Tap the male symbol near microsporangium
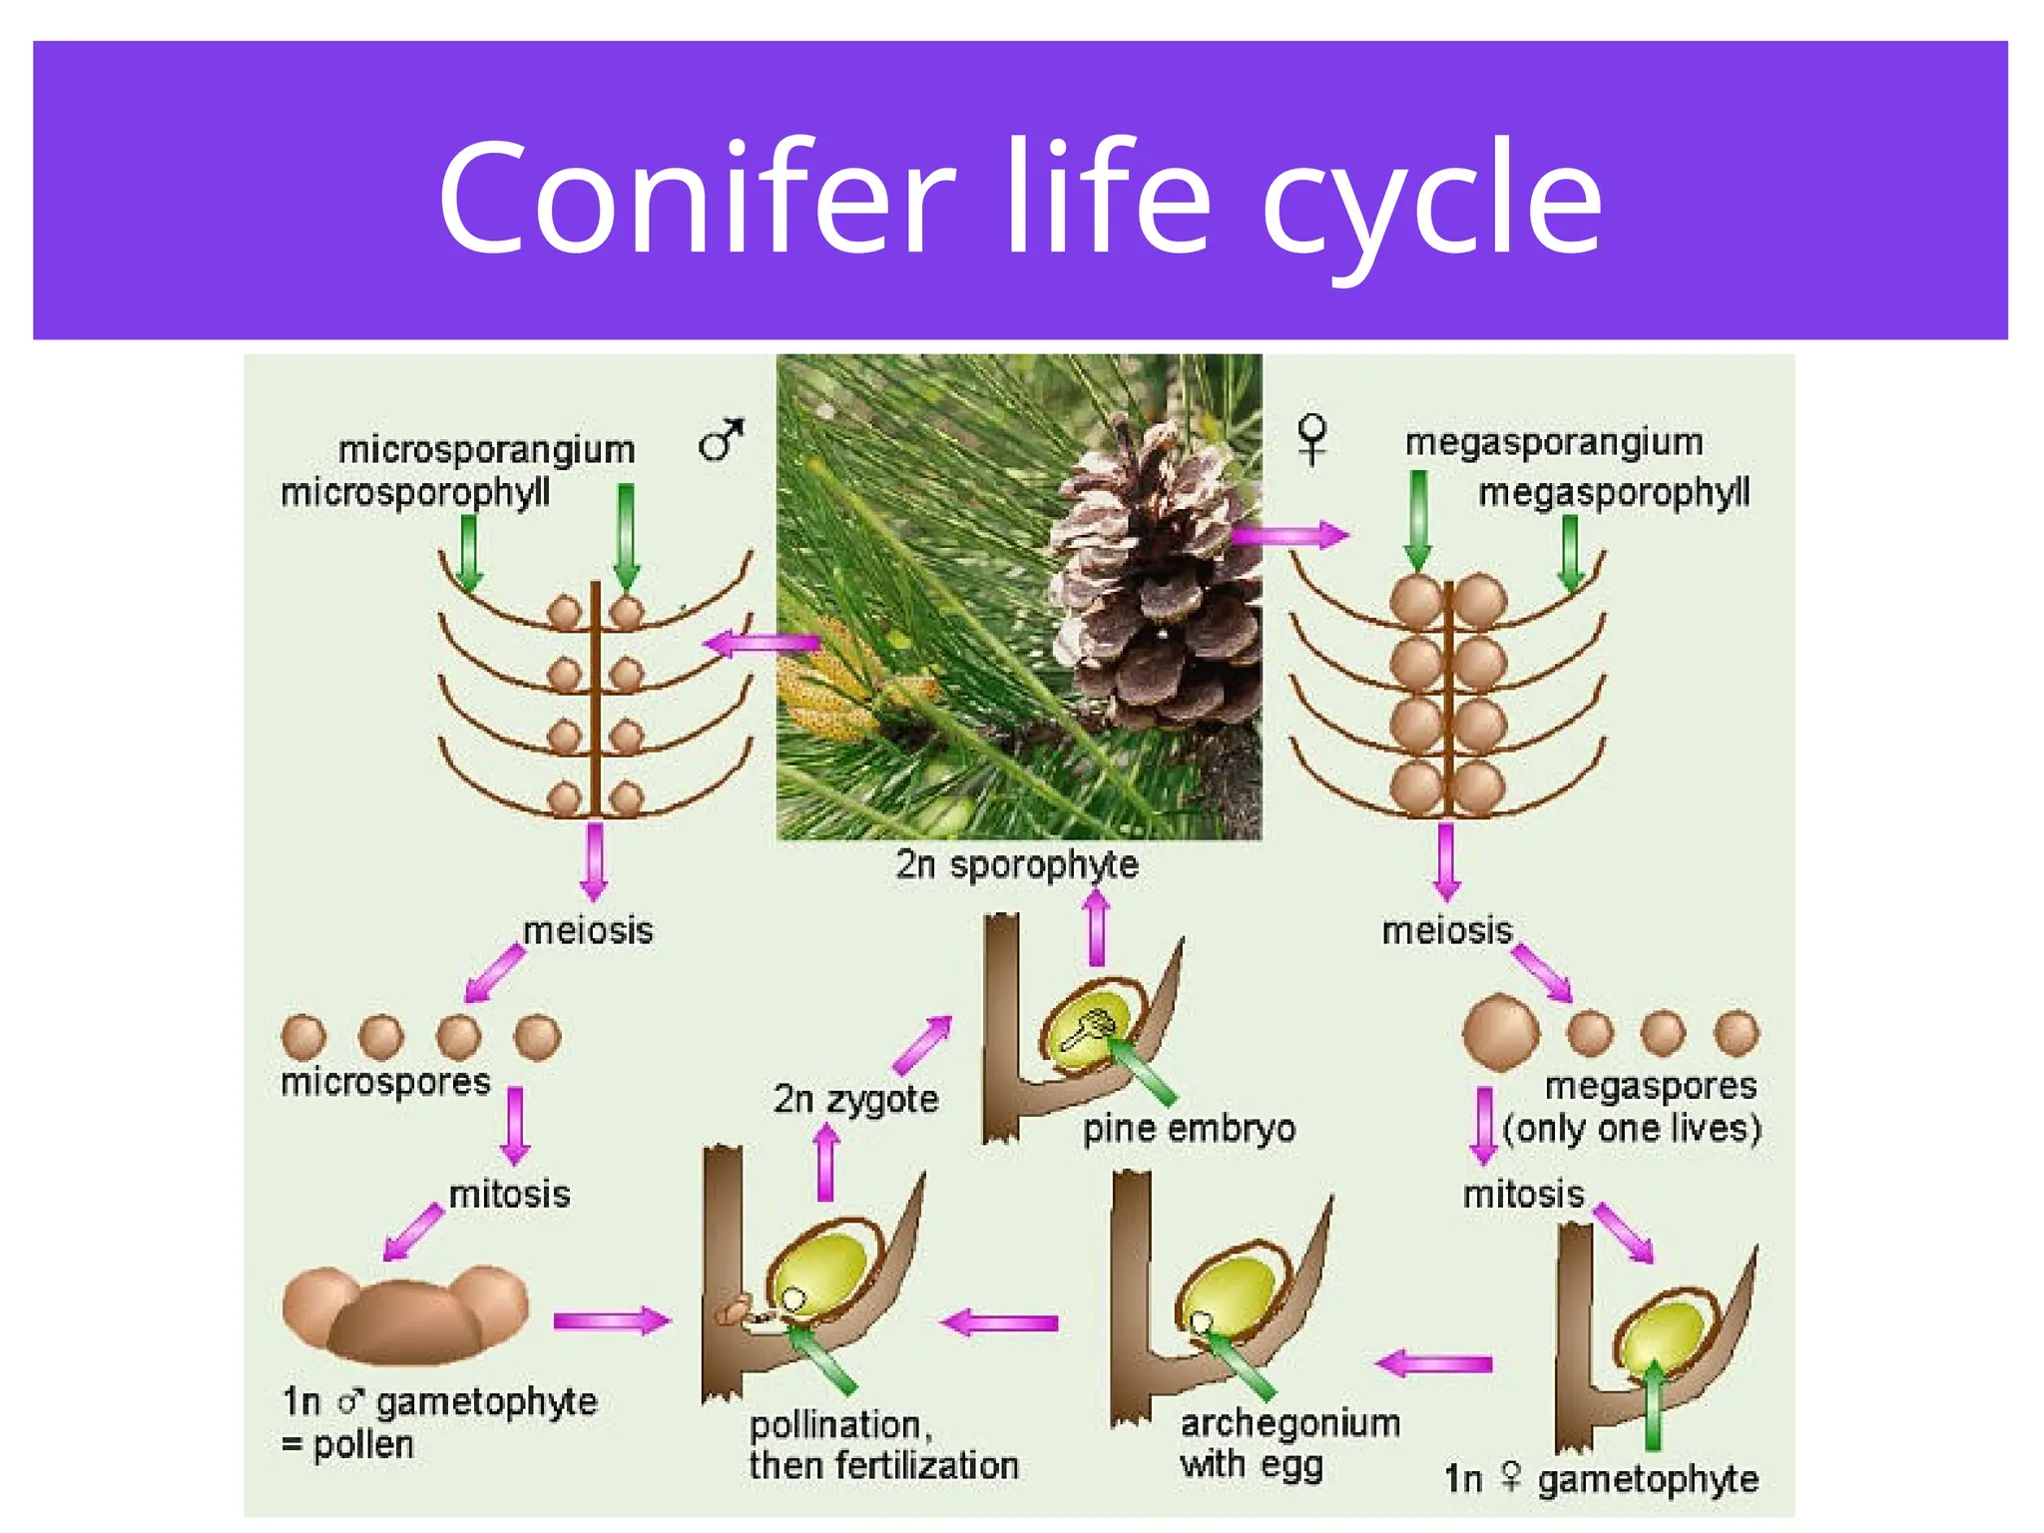(721, 440)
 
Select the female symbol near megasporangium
(1311, 439)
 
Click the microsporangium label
(486, 450)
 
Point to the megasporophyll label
(1613, 493)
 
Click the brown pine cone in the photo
(1158, 589)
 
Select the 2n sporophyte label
(1016, 864)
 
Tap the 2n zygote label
(855, 1099)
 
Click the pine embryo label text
(1189, 1129)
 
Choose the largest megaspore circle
(1500, 1033)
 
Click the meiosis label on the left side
(588, 931)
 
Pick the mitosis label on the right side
(1523, 1194)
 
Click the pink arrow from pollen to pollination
(611, 1321)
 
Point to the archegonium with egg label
(1287, 1444)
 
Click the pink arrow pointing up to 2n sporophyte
(1097, 928)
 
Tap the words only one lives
(1632, 1129)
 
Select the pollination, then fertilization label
(882, 1445)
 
